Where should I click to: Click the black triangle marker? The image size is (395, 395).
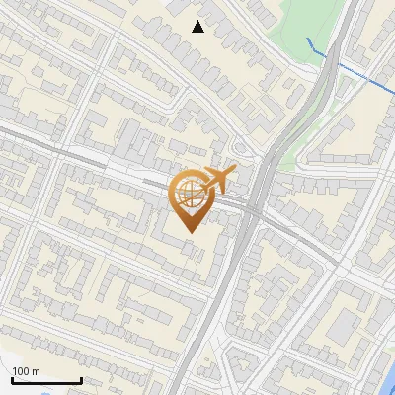click(x=198, y=27)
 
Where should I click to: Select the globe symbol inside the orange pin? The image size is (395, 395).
click(x=189, y=196)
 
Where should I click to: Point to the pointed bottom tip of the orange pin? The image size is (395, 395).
click(x=189, y=232)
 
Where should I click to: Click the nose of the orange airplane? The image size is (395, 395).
click(x=235, y=169)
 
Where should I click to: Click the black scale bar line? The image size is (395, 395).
click(x=45, y=381)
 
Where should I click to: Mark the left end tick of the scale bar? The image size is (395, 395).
click(x=11, y=379)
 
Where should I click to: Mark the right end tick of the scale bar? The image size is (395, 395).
click(x=80, y=379)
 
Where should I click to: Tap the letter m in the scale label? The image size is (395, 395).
click(x=36, y=371)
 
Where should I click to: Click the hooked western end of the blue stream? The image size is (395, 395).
click(x=308, y=39)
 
